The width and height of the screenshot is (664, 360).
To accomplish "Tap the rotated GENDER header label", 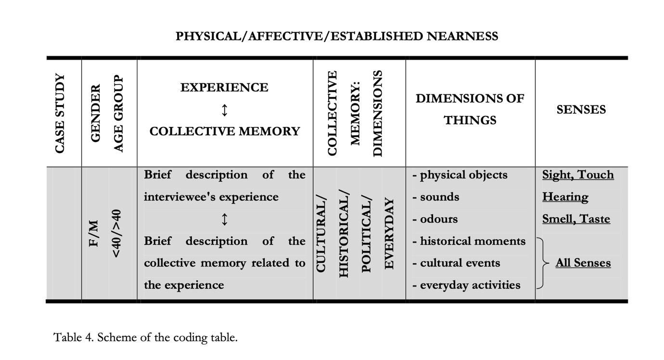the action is coord(96,113).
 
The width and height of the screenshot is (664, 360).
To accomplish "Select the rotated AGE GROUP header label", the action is coord(118,113).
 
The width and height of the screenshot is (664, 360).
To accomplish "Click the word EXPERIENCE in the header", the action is coord(224,88).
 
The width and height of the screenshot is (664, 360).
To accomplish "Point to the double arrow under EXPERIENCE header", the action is coord(224,110).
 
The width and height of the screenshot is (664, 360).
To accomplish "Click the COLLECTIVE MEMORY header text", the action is coord(224,131).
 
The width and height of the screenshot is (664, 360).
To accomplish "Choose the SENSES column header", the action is coord(581,110).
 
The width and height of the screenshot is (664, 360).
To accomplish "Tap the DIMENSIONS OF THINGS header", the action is coord(470,109).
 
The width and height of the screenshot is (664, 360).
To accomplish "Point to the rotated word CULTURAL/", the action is coord(321,234).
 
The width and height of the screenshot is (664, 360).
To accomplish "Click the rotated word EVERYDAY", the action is coord(389,234).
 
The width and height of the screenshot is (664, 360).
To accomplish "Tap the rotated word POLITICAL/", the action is coord(367,234).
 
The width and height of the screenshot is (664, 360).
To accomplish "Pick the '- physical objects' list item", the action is coord(460,175).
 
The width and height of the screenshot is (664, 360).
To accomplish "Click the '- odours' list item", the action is coord(435,219).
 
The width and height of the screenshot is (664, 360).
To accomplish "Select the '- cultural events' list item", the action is coord(456,263).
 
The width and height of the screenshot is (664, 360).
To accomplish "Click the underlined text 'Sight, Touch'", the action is coord(578,175).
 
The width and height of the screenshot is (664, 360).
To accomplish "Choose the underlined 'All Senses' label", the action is coord(583,263).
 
